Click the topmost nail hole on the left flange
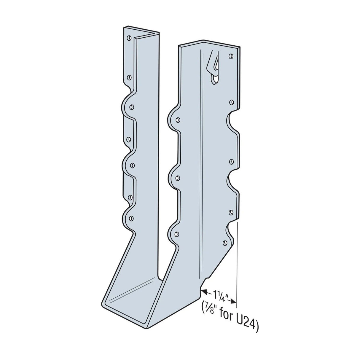coord(129,38)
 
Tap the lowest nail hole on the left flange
coord(131,218)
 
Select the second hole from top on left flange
coord(129,77)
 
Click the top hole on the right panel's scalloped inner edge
coord(178,120)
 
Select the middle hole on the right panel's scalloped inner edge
coord(178,178)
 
